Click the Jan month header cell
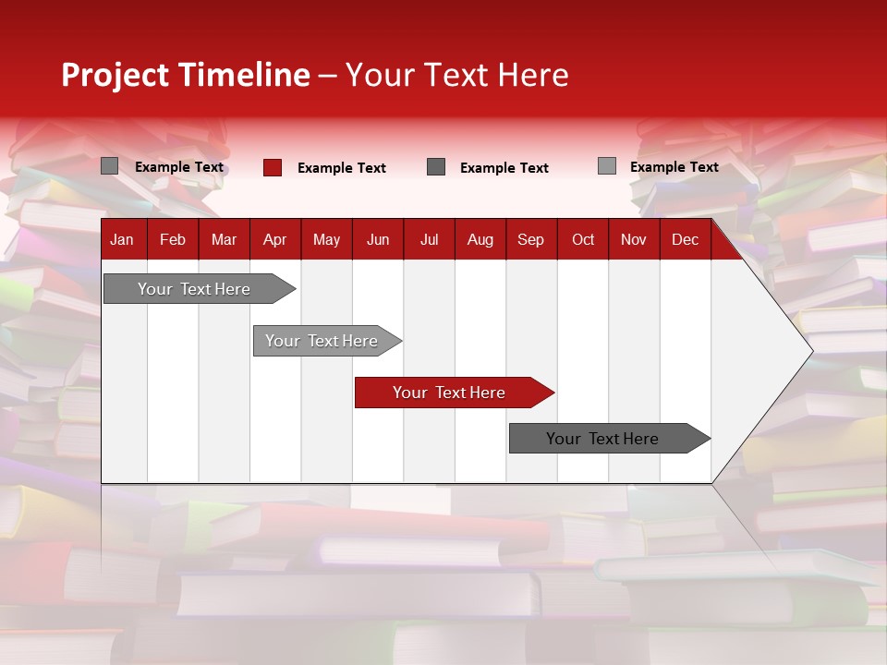122,239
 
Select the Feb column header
173,239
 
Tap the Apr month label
274,239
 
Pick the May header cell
326,239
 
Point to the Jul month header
429,239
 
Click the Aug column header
480,239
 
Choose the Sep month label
530,239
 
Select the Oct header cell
583,239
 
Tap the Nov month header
634,239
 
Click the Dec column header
685,239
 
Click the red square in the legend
273,167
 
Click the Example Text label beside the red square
342,167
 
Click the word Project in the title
115,75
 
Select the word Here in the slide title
533,75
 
